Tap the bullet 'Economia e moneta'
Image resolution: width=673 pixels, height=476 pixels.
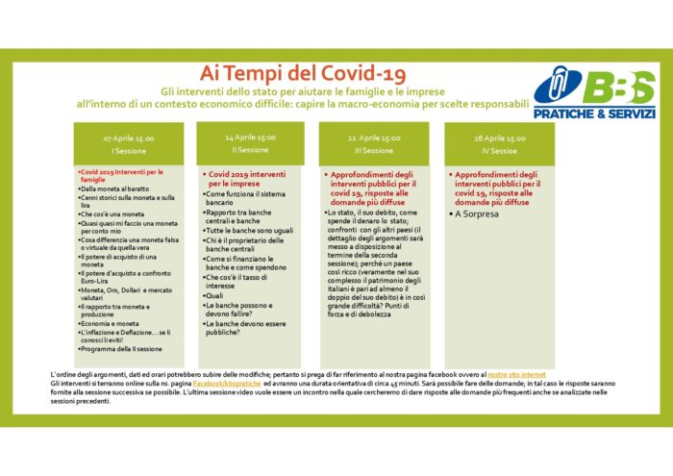110,324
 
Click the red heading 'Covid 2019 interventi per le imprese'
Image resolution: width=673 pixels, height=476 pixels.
240,178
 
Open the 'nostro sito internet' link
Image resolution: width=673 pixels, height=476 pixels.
517,371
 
